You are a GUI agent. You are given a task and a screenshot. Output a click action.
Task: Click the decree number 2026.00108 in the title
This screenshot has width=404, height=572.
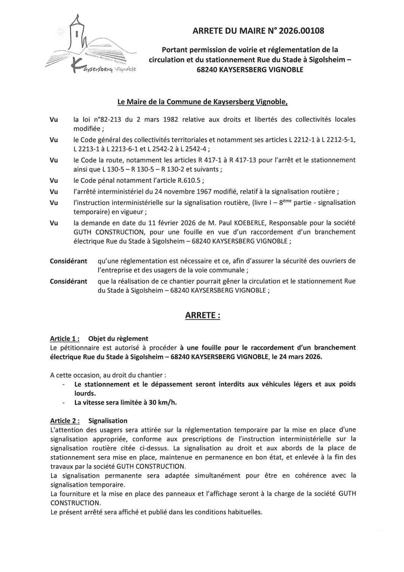(x=301, y=31)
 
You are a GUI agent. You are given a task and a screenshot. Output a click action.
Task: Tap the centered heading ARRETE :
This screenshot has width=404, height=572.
(x=202, y=315)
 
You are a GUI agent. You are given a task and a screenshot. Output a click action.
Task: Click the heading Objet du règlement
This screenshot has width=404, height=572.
(x=118, y=339)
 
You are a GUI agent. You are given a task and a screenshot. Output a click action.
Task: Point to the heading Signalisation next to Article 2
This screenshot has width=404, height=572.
(x=108, y=421)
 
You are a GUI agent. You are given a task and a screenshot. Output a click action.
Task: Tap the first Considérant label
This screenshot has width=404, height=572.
(x=68, y=262)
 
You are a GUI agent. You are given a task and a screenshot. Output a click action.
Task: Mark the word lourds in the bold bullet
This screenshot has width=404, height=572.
(x=84, y=393)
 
